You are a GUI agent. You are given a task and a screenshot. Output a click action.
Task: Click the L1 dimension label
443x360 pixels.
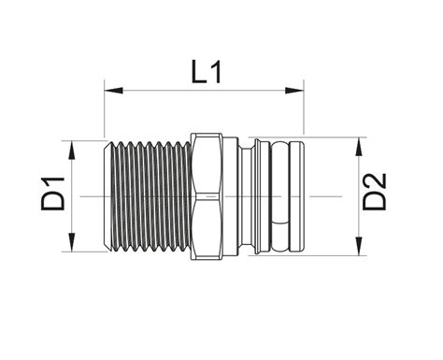coord(207,72)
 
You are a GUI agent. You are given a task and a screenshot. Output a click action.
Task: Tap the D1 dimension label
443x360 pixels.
coord(53,194)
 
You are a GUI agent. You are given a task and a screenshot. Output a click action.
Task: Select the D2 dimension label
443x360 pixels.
coord(374,192)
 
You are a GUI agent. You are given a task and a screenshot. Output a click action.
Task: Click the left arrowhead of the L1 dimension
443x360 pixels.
coord(113,91)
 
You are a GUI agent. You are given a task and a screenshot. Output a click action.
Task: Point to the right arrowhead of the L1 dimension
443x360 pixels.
coord(294,91)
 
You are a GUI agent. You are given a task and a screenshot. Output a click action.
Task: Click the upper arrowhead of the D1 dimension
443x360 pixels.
coord(72,150)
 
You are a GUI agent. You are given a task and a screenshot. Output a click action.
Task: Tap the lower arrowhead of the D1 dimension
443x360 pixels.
coord(72,242)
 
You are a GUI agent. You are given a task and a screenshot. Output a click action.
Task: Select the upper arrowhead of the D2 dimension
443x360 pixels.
coord(359,147)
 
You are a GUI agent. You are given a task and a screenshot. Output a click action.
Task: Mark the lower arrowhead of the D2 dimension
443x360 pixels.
coord(359,246)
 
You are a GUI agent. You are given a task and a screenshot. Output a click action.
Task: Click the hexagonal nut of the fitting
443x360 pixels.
coord(207,196)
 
